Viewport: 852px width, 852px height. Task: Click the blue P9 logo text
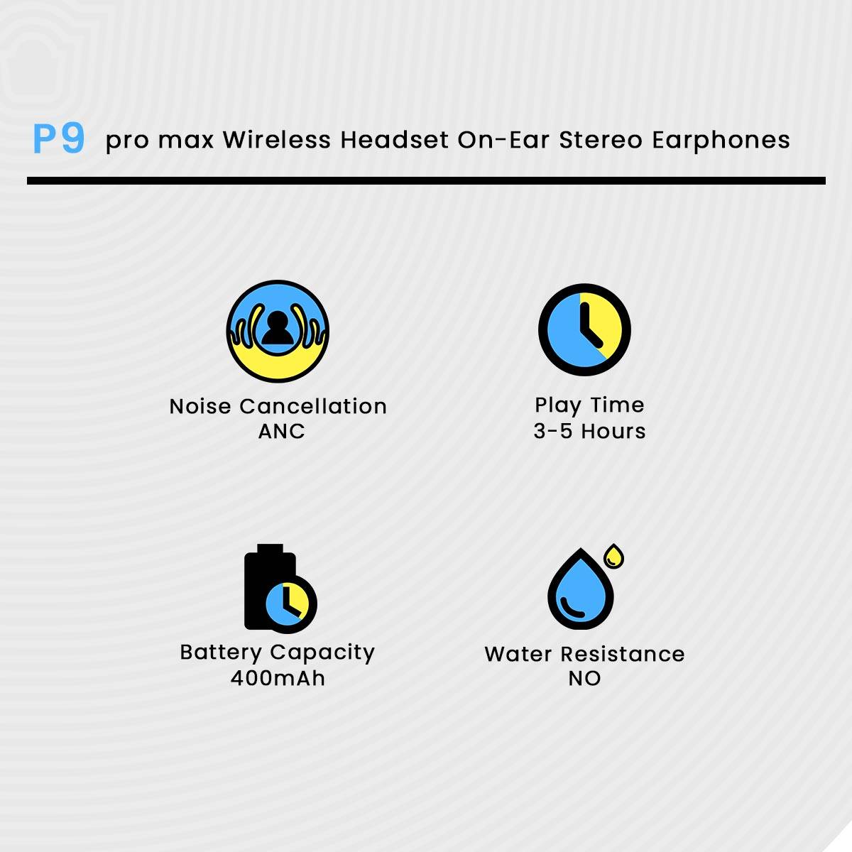(x=59, y=138)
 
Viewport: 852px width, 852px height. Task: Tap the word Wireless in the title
(x=277, y=140)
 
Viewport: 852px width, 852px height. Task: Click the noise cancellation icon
(x=278, y=332)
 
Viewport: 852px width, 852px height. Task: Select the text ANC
(x=281, y=431)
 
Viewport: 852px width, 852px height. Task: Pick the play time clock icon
(x=584, y=329)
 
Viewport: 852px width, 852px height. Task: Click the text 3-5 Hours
(x=589, y=431)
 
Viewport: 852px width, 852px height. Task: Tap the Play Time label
(x=589, y=405)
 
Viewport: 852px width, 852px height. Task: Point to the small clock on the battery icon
(x=287, y=603)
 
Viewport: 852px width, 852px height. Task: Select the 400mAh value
(x=278, y=678)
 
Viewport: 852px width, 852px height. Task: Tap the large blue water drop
(x=579, y=591)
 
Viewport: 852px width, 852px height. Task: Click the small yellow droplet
(x=614, y=556)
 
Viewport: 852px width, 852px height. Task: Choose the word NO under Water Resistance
(x=584, y=678)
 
